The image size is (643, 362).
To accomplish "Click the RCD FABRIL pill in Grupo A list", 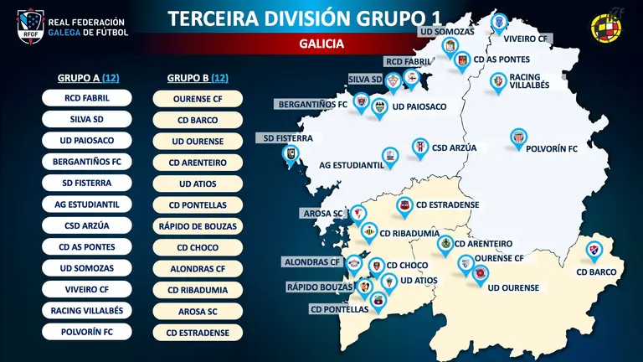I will click(x=87, y=98).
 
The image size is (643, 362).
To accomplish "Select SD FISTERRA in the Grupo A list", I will click(x=87, y=182).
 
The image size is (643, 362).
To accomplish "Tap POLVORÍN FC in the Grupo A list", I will click(x=87, y=331).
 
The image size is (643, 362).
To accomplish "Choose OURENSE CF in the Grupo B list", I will click(x=198, y=99).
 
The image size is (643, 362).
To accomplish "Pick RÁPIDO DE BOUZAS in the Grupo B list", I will click(x=198, y=225).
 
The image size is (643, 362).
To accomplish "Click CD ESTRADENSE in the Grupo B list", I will click(x=198, y=332).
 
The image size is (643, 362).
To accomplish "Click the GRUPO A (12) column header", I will click(x=87, y=77).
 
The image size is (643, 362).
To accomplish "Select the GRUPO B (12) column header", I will click(x=198, y=77).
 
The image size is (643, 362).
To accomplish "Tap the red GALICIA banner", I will click(x=321, y=44).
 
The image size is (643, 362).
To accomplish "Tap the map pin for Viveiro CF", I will click(x=500, y=22).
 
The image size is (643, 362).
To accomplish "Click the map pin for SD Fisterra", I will click(x=290, y=154).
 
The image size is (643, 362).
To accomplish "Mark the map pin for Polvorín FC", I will click(x=520, y=138).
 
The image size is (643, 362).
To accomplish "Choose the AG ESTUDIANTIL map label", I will click(x=351, y=166).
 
